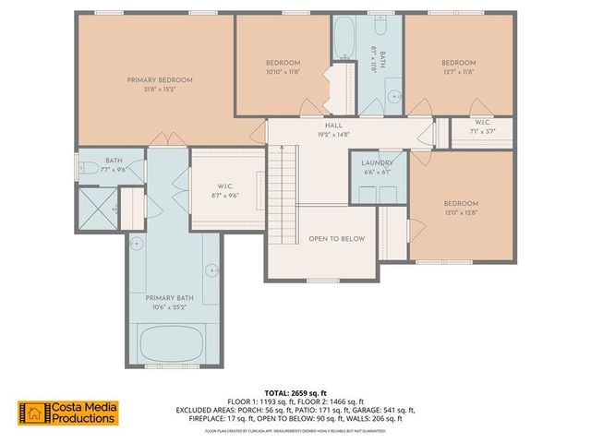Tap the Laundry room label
[377, 162]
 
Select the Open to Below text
[336, 239]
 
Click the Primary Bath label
[167, 298]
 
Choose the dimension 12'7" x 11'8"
[458, 71]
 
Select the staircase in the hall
[284, 181]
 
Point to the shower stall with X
[95, 208]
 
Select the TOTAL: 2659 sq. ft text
[295, 392]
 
